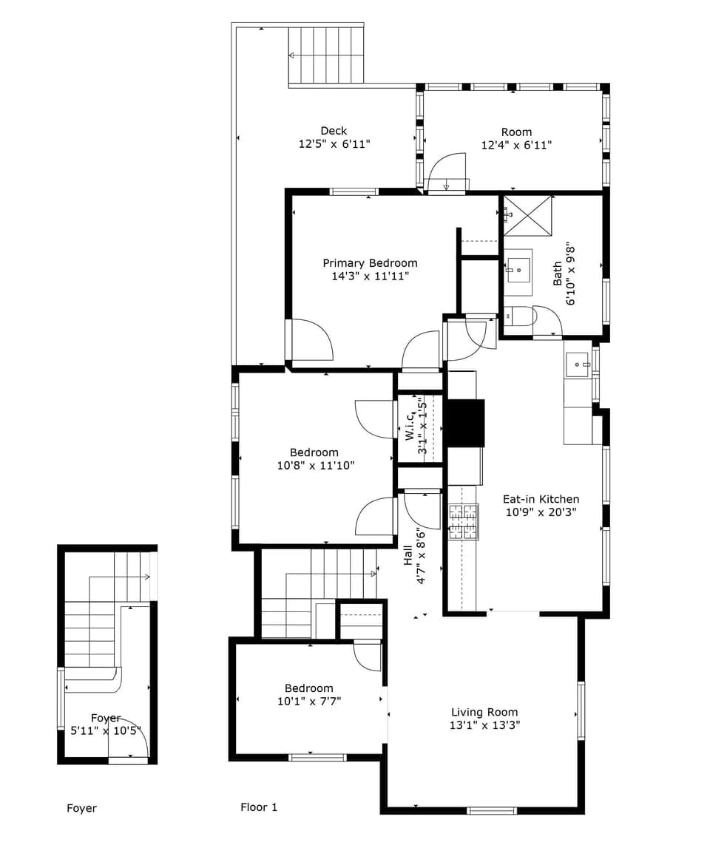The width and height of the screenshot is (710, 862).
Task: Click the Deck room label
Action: tap(334, 131)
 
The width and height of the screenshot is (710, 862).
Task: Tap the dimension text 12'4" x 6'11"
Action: tap(516, 146)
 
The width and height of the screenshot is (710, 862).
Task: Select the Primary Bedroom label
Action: tap(370, 263)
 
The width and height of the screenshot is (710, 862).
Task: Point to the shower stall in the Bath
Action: tap(528, 215)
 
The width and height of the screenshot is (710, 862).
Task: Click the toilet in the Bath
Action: tap(519, 316)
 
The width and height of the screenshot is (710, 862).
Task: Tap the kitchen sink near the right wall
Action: tap(577, 364)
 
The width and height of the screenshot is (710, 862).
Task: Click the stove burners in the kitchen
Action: tap(463, 522)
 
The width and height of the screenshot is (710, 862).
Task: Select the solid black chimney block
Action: tap(465, 423)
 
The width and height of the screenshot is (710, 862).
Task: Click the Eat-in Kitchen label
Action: tap(541, 499)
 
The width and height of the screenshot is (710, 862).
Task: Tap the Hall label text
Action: tap(408, 556)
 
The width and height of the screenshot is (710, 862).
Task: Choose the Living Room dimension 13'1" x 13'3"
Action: tap(484, 725)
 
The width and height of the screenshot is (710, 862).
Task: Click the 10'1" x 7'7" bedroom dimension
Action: tap(309, 701)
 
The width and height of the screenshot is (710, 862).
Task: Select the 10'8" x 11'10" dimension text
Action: tap(316, 466)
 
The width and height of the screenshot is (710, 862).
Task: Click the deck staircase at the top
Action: tap(325, 55)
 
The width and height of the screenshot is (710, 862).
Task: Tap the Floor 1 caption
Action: tap(259, 807)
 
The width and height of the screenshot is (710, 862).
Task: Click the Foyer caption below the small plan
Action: tap(81, 808)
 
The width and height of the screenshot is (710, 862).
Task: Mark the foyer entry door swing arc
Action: tap(133, 736)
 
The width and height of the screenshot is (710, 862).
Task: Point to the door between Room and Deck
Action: tap(449, 172)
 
